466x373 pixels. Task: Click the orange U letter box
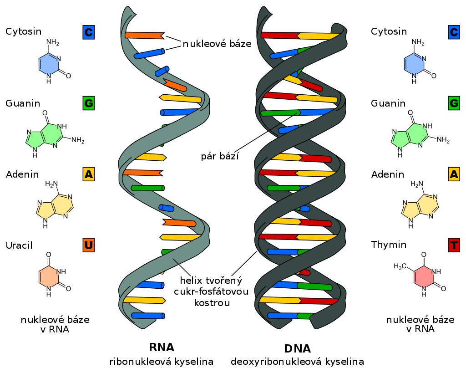pyautogui.click(x=89, y=245)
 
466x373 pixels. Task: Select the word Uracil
pyautogui.click(x=19, y=245)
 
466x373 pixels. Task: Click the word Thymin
pyautogui.click(x=389, y=245)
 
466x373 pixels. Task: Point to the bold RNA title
pyautogui.click(x=162, y=347)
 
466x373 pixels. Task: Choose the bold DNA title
pyautogui.click(x=297, y=349)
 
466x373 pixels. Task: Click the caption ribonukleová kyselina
pyautogui.click(x=162, y=362)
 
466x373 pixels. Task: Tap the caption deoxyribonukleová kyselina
pyautogui.click(x=297, y=362)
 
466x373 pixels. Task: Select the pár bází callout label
pyautogui.click(x=220, y=157)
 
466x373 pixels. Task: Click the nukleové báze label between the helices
pyautogui.click(x=217, y=44)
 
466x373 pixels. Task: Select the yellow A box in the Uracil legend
pyautogui.click(x=89, y=174)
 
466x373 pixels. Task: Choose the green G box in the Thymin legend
pyautogui.click(x=454, y=103)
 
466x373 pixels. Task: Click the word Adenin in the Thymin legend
pyautogui.click(x=387, y=174)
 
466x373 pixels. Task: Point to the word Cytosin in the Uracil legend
pyautogui.click(x=23, y=31)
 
